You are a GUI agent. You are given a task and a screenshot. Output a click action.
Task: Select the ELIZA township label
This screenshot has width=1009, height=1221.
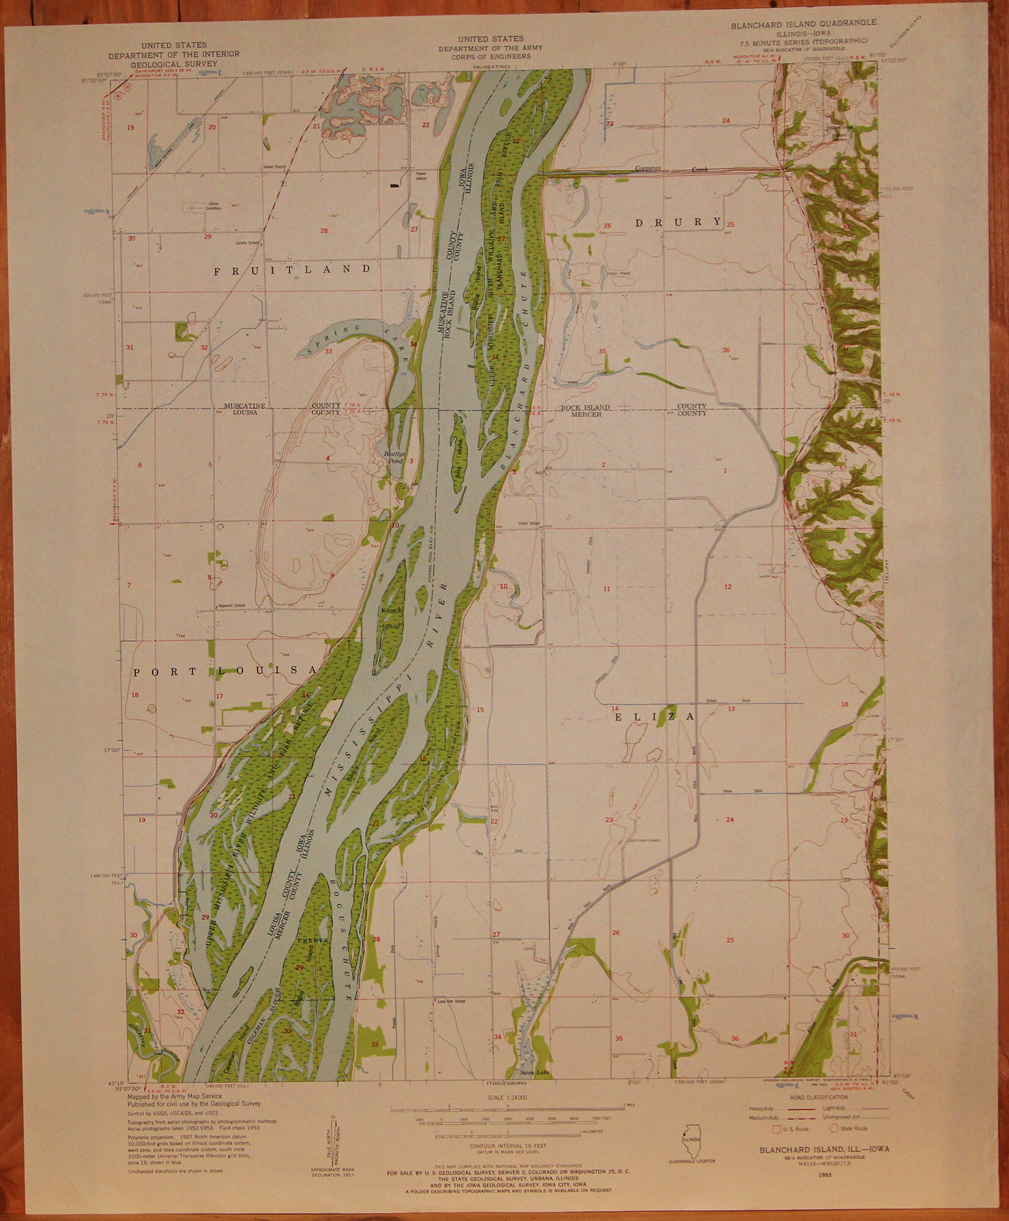coord(654,717)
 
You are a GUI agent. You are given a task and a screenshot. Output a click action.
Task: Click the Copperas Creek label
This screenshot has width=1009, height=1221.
coord(672,168)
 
